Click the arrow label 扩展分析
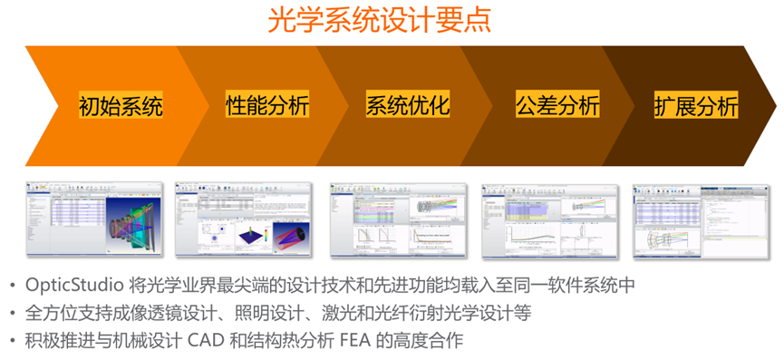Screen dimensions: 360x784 coord(696,105)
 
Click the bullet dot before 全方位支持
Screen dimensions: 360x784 coord(11,314)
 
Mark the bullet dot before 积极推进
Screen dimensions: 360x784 coord(11,341)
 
